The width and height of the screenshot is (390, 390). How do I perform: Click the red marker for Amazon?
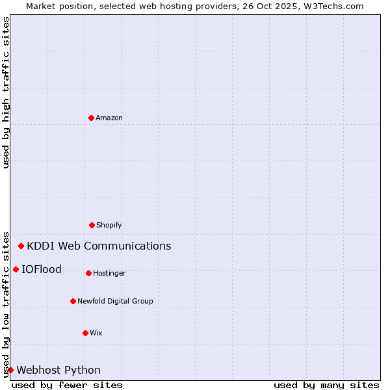(91, 118)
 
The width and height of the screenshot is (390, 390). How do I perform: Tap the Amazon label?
(109, 118)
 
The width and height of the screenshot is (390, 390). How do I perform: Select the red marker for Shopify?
(92, 225)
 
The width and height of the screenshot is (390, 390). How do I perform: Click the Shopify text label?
(109, 226)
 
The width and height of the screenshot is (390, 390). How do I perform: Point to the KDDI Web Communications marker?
(21, 246)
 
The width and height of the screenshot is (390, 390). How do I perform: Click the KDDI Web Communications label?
(99, 246)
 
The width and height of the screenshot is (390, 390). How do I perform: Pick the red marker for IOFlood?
(16, 269)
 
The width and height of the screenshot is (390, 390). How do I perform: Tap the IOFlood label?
(42, 270)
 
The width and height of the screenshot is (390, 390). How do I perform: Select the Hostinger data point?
(88, 273)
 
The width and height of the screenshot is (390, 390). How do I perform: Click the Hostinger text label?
(109, 274)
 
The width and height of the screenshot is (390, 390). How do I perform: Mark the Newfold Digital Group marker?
(73, 301)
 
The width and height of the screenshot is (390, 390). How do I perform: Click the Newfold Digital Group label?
(115, 302)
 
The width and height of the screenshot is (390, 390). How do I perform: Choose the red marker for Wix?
(85, 333)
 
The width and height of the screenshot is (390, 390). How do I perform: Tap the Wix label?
(96, 333)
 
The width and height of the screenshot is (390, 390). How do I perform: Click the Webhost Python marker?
(10, 370)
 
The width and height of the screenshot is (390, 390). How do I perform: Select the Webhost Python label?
(58, 370)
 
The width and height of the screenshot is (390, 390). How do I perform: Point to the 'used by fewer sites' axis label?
(67, 385)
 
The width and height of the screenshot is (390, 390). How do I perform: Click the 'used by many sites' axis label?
(326, 385)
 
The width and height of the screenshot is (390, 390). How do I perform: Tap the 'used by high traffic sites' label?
(6, 92)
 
